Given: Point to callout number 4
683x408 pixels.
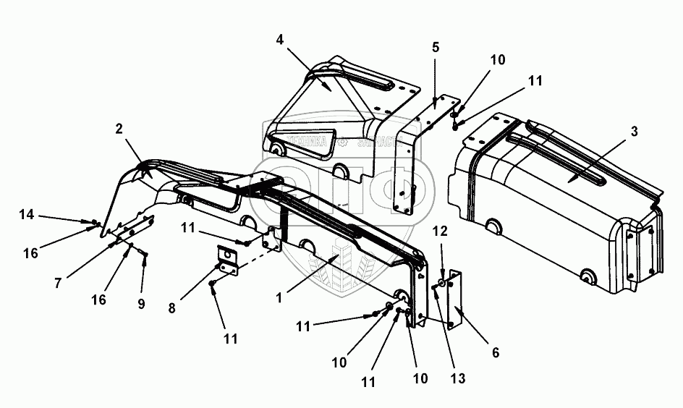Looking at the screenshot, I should pos(280,38).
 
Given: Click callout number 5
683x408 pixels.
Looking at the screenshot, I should pos(435,48).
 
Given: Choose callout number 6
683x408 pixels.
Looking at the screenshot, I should pos(496,352).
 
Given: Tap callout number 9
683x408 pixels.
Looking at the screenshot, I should pos(141,304).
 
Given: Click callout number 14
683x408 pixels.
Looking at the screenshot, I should pos(27,214).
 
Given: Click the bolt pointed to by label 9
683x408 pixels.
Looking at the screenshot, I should pos(145,254).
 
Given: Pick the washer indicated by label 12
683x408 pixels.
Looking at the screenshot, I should pos(441,281).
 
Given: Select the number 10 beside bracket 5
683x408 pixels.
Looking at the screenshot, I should pos(497,60).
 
